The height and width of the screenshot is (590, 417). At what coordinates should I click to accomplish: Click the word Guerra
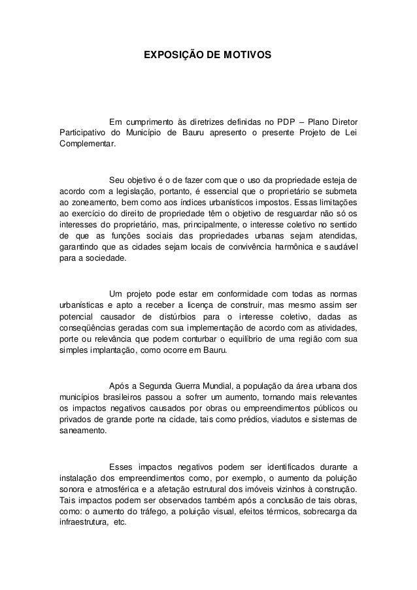click(x=193, y=385)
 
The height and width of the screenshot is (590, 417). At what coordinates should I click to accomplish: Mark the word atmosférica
click(x=117, y=490)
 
